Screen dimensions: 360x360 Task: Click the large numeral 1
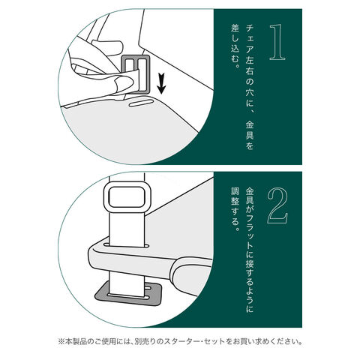coord(277,42)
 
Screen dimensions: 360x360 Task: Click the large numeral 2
coord(277,205)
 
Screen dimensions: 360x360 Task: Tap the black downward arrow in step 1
coord(161,83)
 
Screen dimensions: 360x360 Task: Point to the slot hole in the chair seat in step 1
coord(140,103)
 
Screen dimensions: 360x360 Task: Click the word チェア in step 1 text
coord(250,40)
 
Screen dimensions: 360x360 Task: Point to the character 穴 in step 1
coord(250,92)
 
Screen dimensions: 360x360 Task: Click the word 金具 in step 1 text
coord(250,130)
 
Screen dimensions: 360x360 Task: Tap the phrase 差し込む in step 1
coord(235,43)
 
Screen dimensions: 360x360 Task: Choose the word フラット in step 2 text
coord(250,232)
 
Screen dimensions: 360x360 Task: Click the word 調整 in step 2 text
coord(235,196)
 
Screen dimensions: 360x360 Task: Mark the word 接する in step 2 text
coord(250,271)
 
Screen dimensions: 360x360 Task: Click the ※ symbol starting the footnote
coord(61,341)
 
